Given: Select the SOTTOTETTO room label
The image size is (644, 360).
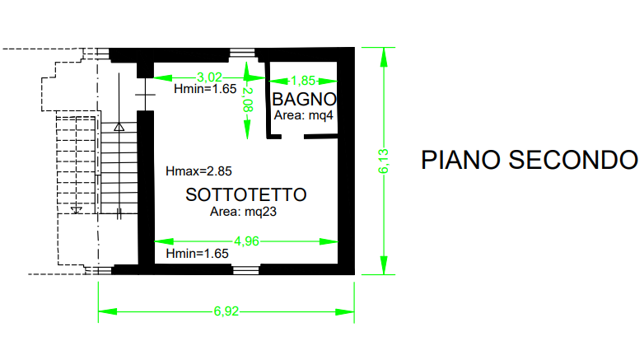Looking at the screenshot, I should pos(246,195).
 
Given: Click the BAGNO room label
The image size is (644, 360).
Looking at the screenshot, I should pos(304,99).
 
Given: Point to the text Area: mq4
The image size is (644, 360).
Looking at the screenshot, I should pos(304,115).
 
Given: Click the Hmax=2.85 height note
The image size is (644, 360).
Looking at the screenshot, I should pos(198,172).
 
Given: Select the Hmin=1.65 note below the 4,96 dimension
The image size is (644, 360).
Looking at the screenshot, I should pos(197,253).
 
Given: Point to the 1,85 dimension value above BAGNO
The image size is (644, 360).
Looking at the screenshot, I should pos(304,80).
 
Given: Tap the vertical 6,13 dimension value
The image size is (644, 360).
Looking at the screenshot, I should pos(381,160).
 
